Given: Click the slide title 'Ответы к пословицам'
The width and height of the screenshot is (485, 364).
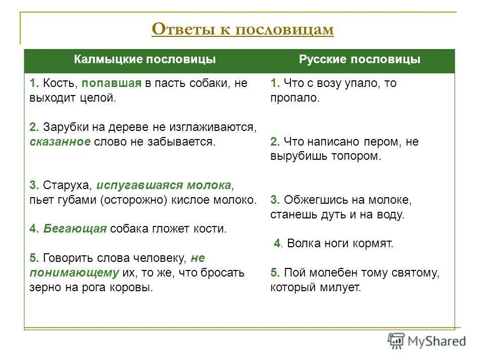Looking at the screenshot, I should [243, 29].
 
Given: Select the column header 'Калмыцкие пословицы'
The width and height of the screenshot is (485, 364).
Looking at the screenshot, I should [145, 60].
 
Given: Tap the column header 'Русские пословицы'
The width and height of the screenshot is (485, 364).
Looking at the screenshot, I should [359, 60].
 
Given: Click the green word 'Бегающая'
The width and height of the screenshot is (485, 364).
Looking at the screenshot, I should [75, 229].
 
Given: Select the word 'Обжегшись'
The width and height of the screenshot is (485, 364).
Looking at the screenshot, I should [310, 200].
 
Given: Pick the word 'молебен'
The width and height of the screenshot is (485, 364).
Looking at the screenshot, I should [329, 273].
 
